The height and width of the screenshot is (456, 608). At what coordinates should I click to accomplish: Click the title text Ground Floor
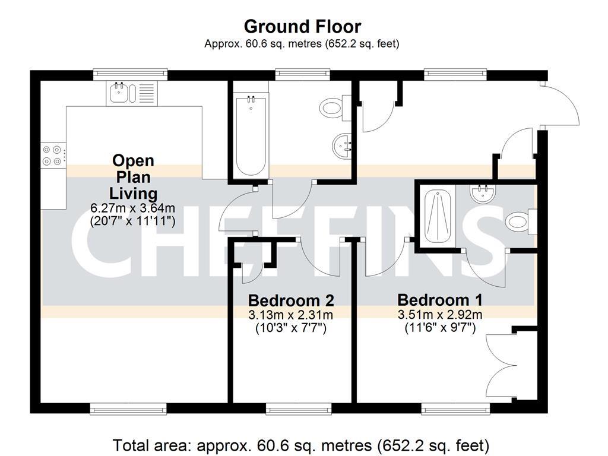point(302,27)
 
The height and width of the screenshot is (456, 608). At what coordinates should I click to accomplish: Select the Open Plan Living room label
point(133,177)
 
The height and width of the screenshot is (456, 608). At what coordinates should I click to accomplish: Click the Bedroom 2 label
point(290,300)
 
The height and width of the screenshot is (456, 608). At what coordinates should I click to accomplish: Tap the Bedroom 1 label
point(439,300)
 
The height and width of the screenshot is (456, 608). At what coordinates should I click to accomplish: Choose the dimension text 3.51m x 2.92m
point(439,315)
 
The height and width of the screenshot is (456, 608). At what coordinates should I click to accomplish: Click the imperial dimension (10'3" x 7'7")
point(290,328)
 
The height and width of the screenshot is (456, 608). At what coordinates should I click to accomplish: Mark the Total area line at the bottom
point(301,445)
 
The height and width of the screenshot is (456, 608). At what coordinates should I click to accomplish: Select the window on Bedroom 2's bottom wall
point(298,408)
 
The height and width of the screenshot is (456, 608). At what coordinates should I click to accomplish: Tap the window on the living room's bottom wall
point(128,408)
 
